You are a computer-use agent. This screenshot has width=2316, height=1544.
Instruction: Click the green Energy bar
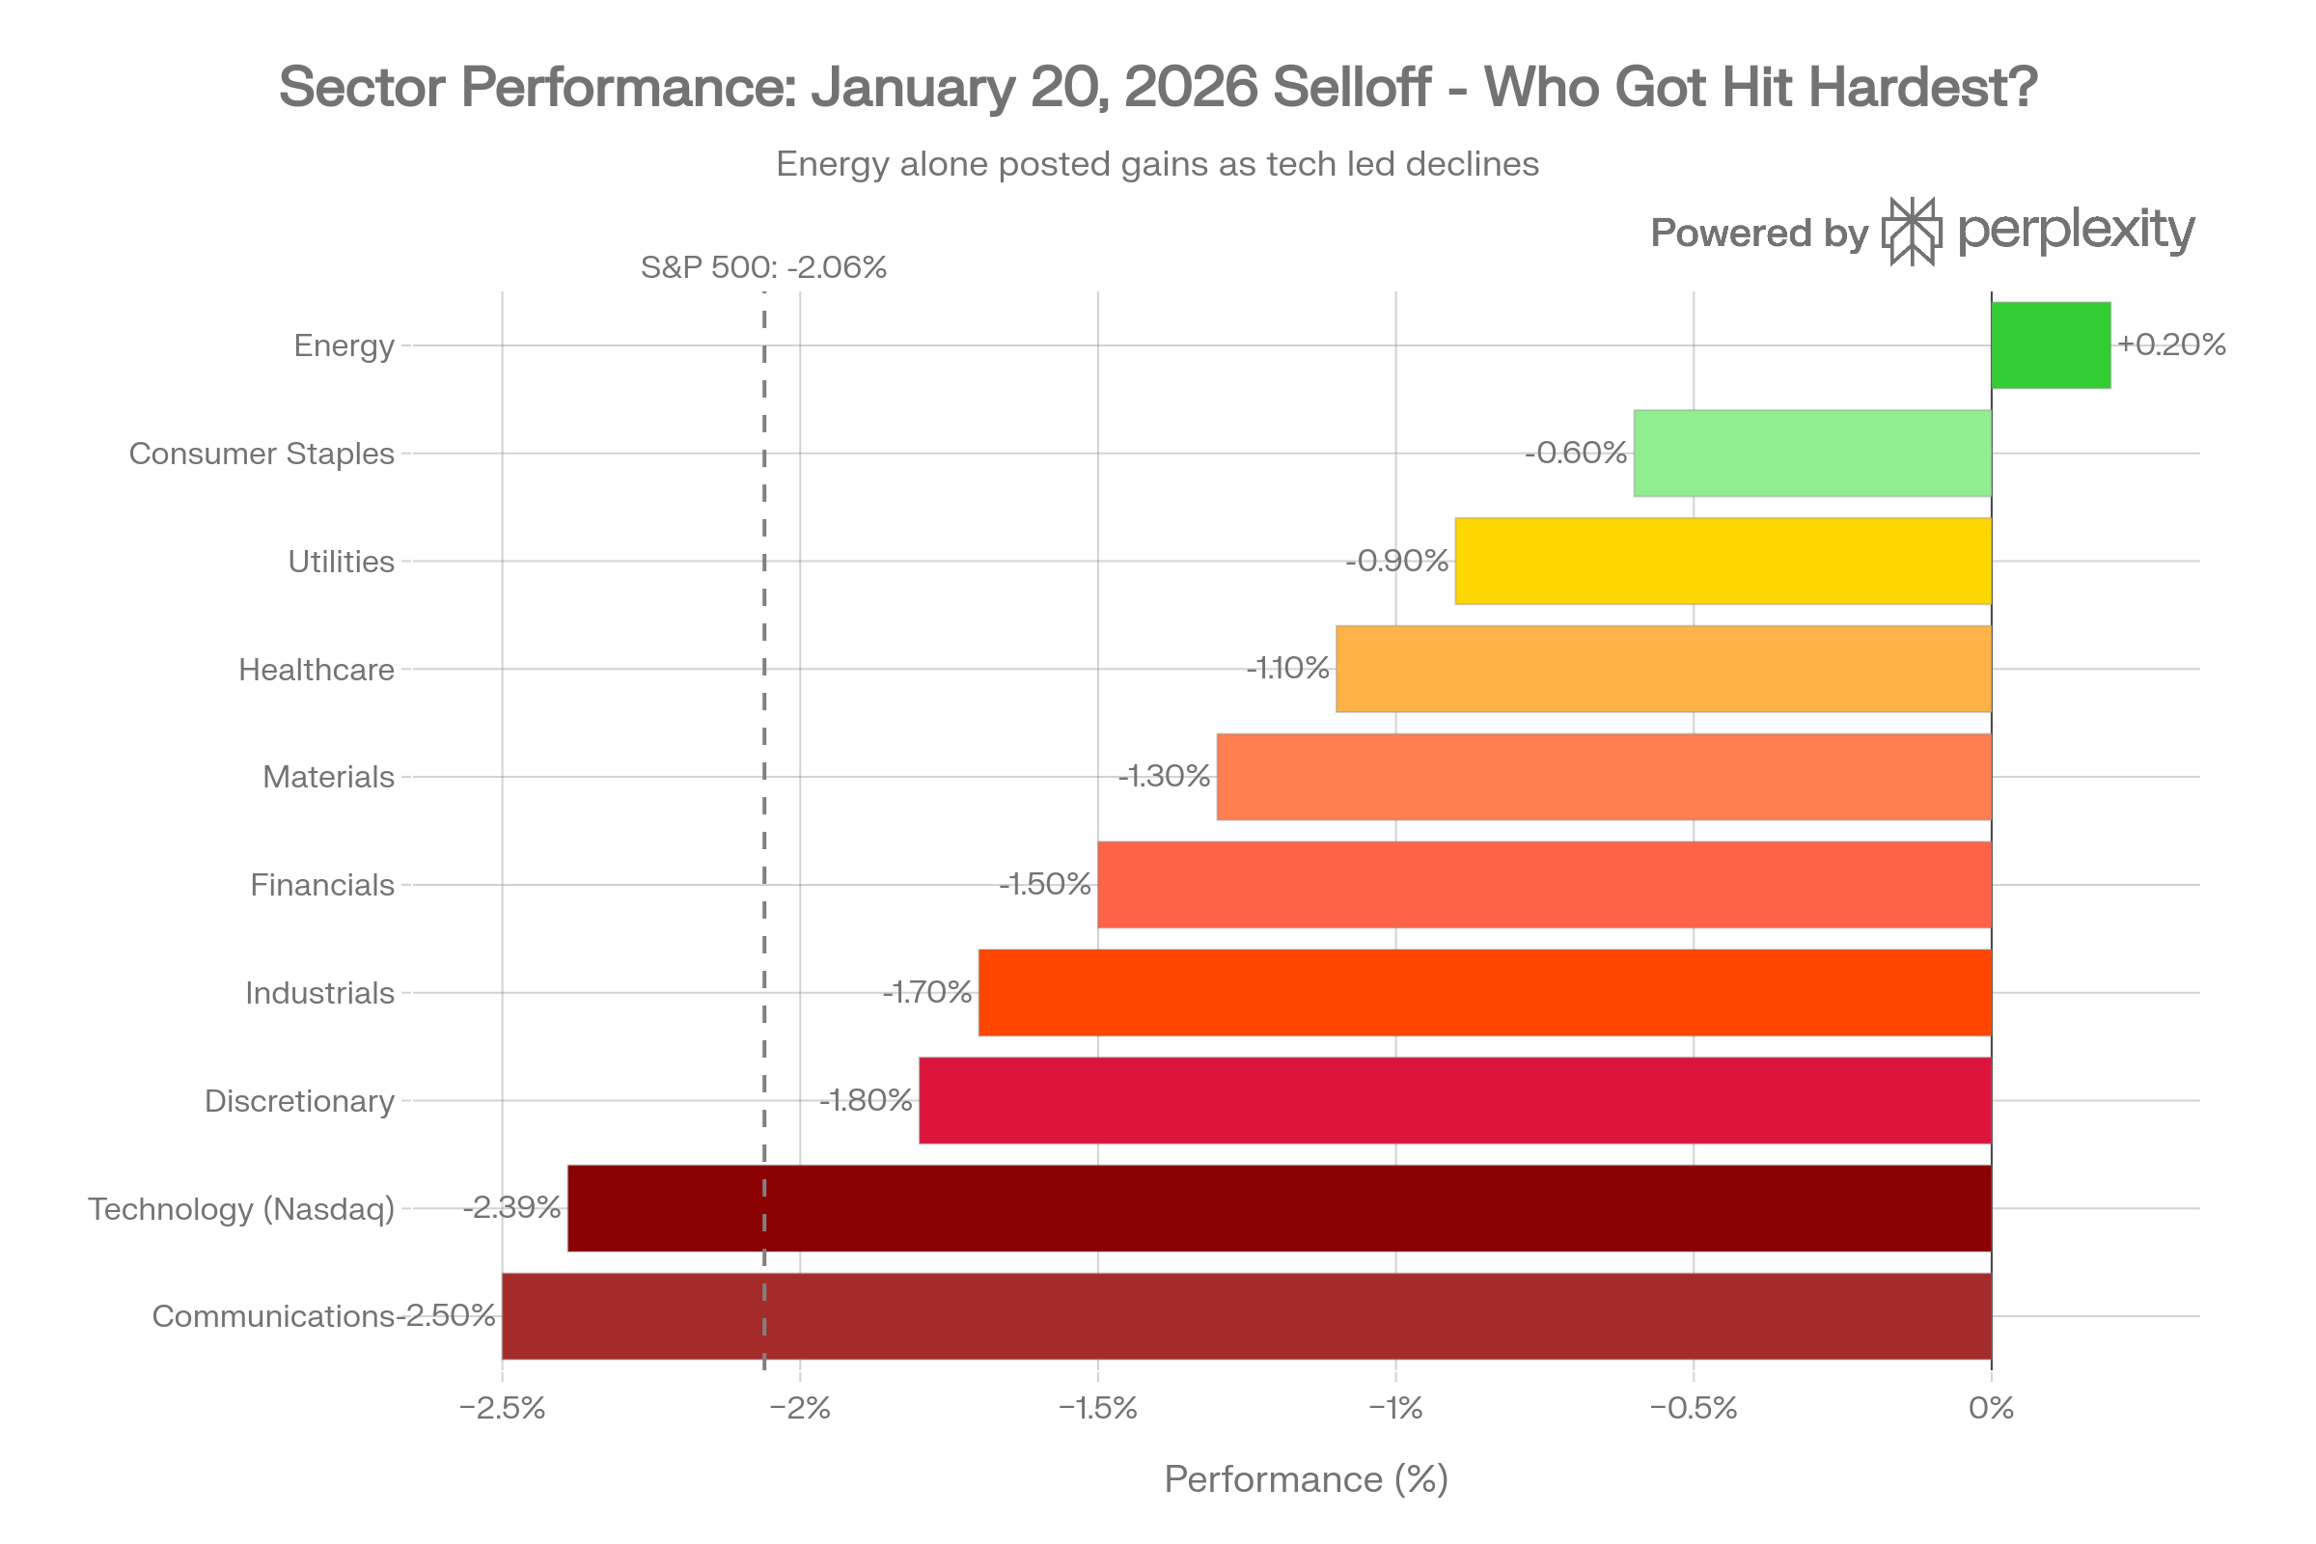[2052, 345]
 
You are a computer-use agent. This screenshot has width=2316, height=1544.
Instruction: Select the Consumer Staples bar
[1812, 453]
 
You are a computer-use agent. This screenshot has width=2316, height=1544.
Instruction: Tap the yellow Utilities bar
[1723, 562]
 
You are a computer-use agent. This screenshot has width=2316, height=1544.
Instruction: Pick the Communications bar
[1246, 1315]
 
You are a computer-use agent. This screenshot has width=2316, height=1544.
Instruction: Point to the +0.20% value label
[2171, 345]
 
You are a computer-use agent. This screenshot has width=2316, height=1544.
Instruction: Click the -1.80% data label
[867, 1100]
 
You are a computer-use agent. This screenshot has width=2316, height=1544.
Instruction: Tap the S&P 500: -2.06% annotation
[763, 267]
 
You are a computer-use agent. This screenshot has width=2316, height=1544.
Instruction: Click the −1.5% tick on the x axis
[1098, 1408]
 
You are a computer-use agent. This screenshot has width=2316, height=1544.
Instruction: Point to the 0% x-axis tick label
[1991, 1408]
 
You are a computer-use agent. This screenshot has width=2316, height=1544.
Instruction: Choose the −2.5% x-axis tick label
[502, 1408]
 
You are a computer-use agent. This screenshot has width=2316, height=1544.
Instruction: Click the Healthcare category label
[317, 670]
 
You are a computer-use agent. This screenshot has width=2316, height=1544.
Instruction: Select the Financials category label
[322, 885]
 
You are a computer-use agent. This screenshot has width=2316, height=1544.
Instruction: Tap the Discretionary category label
[299, 1101]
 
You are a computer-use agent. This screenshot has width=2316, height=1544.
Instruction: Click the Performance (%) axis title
[1306, 1479]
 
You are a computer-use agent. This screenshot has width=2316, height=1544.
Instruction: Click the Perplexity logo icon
[1912, 232]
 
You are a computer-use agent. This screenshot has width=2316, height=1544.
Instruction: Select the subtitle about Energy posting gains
[1157, 163]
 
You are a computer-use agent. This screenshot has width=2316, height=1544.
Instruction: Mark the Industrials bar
[1484, 993]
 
